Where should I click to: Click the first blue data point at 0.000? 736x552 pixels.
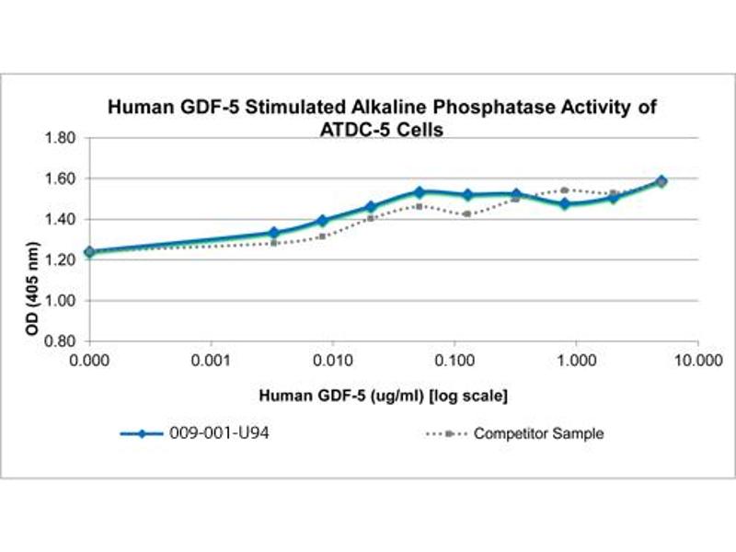89,251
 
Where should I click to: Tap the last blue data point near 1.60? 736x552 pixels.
687,181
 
